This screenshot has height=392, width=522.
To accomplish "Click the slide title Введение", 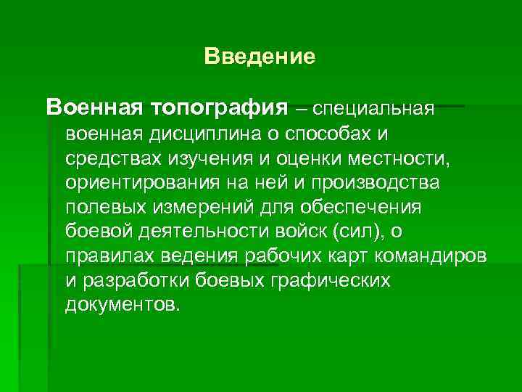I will (260, 57).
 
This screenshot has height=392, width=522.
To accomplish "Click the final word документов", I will (120, 304).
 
